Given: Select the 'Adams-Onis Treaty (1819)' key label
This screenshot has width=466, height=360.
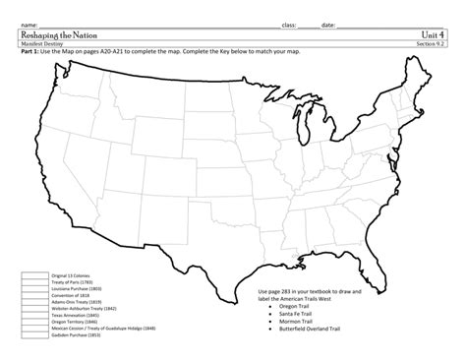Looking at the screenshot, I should [76, 298].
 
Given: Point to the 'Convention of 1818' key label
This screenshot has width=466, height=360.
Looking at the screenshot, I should [70, 292].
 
